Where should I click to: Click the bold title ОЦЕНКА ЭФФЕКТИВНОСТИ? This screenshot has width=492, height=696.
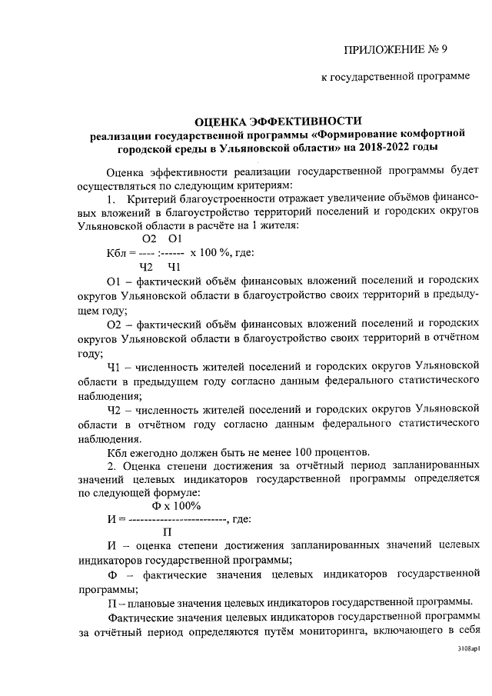click(278, 122)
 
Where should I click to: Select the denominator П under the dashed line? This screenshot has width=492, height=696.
click(167, 532)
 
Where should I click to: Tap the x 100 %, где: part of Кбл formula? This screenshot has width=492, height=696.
click(218, 253)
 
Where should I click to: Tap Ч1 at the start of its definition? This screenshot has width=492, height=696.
click(115, 368)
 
